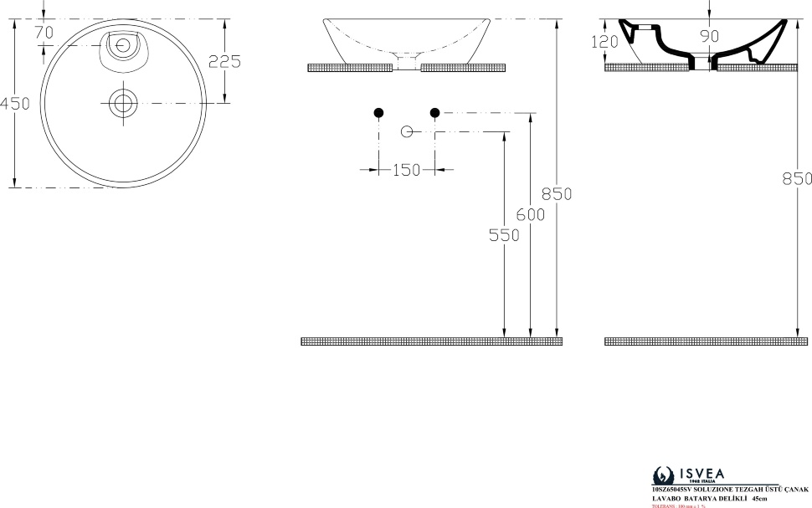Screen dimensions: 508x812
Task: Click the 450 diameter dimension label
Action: coord(14,104)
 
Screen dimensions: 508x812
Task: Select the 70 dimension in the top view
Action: coord(44,32)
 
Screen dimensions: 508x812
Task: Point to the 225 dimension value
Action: coord(225,61)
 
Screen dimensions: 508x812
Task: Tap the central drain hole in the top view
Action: coord(124,103)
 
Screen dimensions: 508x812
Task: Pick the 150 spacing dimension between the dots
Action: coord(406,170)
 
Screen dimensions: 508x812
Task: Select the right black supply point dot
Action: coord(434,112)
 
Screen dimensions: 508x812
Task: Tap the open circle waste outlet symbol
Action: coord(408,132)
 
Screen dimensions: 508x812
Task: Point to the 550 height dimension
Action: coord(504,236)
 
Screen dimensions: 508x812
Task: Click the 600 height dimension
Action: coord(531,214)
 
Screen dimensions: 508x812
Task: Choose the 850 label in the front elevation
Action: coord(557,193)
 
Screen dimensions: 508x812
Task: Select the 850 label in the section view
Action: coord(797,178)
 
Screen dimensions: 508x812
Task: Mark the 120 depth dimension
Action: coord(604,41)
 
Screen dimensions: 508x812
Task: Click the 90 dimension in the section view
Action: coord(710,36)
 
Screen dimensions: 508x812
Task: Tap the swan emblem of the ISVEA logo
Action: coord(663,475)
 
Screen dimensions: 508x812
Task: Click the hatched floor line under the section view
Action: coord(706,341)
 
